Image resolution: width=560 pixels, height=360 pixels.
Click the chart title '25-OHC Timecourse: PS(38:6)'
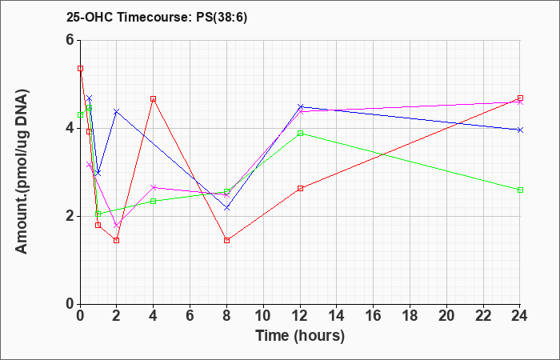pos(157,18)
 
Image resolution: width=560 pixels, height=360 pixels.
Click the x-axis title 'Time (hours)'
pos(300,336)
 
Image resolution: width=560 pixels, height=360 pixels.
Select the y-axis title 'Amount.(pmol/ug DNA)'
pos(22,171)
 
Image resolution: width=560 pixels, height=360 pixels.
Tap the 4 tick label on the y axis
pos(71,128)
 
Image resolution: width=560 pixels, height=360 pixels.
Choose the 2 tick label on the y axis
pos(71,216)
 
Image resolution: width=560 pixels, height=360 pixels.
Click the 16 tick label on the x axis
pos(374,315)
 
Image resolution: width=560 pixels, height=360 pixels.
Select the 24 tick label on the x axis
pos(520,315)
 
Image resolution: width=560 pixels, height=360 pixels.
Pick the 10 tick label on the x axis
pos(263,315)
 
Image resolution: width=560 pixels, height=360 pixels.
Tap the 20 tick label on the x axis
pos(446,315)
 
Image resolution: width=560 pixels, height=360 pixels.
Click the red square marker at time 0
pos(80,68)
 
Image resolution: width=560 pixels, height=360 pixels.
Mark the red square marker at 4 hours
pos(154,98)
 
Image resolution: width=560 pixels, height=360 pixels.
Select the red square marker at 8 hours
pos(226,240)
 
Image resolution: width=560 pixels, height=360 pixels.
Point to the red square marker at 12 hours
pos(300,188)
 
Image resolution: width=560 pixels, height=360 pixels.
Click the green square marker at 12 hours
pos(300,134)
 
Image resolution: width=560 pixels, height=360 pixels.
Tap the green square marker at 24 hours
pos(520,190)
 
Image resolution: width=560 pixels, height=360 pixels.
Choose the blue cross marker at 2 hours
pos(116,111)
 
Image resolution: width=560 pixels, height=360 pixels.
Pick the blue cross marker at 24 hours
pos(520,130)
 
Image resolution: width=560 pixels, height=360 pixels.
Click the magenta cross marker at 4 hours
pos(154,187)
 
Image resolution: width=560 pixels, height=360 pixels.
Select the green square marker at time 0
pos(80,115)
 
